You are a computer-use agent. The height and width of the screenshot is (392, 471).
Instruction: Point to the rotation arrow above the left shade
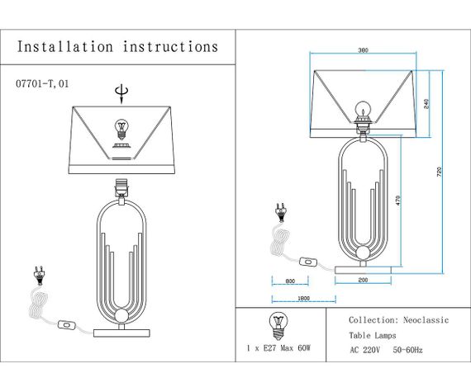pyautogui.click(x=122, y=92)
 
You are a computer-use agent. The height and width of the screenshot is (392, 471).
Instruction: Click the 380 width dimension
pyautogui.click(x=363, y=51)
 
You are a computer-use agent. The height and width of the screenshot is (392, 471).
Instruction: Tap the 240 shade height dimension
pyautogui.click(x=426, y=105)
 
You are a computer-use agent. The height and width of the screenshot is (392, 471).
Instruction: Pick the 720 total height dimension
pyautogui.click(x=440, y=171)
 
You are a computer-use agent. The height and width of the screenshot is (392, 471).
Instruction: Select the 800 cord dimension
pyautogui.click(x=290, y=281)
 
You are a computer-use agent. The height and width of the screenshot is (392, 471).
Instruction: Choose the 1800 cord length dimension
pyautogui.click(x=302, y=298)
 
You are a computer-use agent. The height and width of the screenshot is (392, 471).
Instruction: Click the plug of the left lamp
pyautogui.click(x=37, y=272)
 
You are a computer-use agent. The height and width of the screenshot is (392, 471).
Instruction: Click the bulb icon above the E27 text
pyautogui.click(x=277, y=324)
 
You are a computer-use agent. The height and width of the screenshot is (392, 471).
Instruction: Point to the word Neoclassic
pyautogui.click(x=426, y=319)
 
